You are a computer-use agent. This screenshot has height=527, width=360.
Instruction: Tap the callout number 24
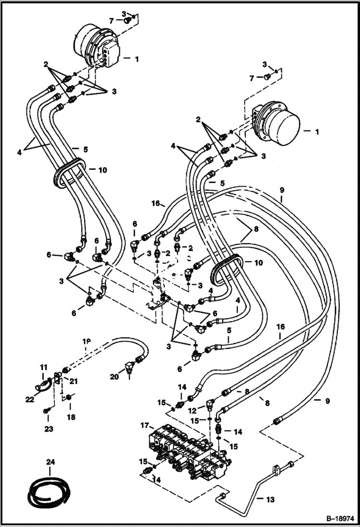50,462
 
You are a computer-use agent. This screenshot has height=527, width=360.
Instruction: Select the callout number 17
144,426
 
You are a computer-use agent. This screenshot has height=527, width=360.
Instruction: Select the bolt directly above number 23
47,410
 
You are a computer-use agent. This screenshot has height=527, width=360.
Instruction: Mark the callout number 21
74,381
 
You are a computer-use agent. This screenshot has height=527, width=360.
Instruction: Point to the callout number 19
86,342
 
